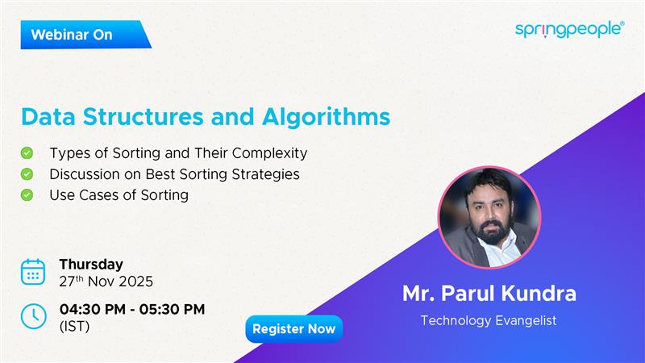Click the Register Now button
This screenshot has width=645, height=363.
pos(293,329)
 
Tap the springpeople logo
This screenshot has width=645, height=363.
pos(569,29)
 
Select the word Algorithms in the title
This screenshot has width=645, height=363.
pos(327,116)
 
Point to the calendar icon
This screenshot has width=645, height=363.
pos(33,273)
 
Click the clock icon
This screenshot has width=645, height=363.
pos(33,316)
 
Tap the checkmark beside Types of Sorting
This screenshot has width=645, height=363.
pos(27,152)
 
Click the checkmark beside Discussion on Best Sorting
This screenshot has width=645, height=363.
pos(27,173)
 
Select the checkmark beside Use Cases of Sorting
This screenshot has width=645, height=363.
pos(27,194)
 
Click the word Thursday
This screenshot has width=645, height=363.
pos(91,265)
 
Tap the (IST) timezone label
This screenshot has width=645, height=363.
pos(74,327)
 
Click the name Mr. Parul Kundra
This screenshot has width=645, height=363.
pos(489,294)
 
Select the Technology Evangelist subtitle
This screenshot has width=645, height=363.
pos(489,320)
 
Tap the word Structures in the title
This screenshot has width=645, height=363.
pos(149,116)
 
